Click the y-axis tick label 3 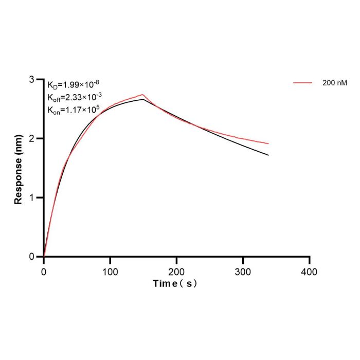coord(32,79)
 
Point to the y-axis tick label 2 coord(32,138)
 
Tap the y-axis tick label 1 coord(32,197)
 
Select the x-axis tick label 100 coord(110,272)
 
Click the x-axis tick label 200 coord(176,272)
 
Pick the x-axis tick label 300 coord(243,272)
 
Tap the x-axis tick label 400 coord(310,272)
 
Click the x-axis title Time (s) coord(175,283)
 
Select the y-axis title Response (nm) coord(18,169)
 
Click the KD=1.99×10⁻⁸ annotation coord(73,84)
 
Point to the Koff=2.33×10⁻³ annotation coord(75,97)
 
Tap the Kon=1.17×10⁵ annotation coord(74,110)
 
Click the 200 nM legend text coord(335,83)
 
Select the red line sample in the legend coord(302,83)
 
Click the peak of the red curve coord(142,94)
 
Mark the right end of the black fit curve coord(268,155)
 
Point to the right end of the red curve coord(268,143)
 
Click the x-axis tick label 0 coord(44,272)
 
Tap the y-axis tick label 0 coord(32,257)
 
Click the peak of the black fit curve coord(143,99)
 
